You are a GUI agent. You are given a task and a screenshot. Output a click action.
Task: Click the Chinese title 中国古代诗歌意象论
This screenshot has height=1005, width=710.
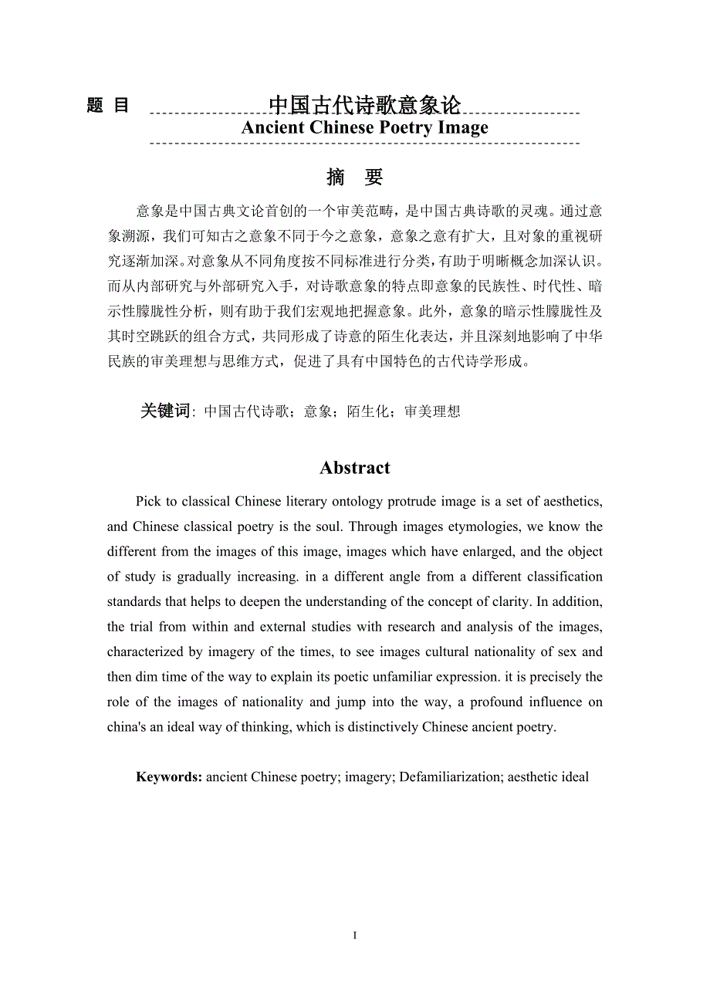tap(364, 104)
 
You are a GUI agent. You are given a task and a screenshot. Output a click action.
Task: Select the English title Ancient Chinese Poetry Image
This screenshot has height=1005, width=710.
tap(364, 127)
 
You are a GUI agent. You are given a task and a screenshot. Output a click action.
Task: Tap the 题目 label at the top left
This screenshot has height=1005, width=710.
tap(108, 106)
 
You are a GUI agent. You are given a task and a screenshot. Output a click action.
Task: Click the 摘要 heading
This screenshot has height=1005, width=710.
tap(355, 177)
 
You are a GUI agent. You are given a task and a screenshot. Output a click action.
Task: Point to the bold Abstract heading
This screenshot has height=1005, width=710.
tap(355, 468)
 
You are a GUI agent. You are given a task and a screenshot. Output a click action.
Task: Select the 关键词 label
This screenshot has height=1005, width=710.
tap(164, 411)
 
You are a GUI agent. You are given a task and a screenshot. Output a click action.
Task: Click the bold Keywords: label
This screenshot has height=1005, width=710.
tap(169, 777)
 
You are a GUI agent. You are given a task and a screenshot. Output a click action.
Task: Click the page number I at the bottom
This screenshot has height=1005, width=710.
tap(355, 936)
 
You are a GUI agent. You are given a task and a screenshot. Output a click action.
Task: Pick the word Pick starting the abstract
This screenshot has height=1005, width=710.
tap(149, 502)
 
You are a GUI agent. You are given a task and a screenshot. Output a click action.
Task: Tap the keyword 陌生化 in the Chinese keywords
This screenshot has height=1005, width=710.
tap(367, 411)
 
